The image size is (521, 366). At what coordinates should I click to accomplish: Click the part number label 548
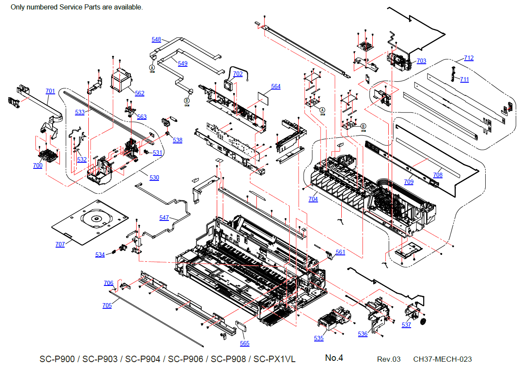coord(156,40)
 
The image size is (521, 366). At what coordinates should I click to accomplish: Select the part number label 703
coord(421,61)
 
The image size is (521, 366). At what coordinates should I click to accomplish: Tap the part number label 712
coord(468,58)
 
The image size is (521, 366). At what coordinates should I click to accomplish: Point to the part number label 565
coord(245,343)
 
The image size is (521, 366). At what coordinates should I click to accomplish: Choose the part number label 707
coord(60,244)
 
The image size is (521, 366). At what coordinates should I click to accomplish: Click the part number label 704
coord(313,199)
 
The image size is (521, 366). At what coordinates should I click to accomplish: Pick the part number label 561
coord(340,252)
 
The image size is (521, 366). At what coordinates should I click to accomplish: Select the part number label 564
coord(276,87)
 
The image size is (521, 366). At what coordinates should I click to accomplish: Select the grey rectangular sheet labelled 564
coord(265,99)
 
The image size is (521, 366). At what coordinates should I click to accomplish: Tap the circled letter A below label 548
coord(152,68)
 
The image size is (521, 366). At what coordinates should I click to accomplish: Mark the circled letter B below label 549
coord(187,100)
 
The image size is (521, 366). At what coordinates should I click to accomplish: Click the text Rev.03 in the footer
coord(389,359)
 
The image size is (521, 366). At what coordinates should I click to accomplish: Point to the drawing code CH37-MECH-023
coord(442,359)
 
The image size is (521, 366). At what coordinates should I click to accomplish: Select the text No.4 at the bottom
coord(334,358)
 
